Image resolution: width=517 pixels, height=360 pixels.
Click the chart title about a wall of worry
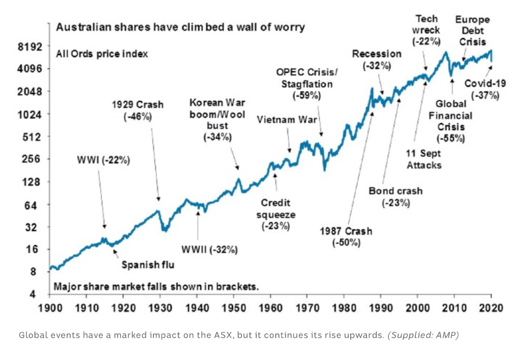click(x=179, y=27)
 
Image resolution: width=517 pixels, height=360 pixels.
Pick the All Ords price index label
click(x=102, y=54)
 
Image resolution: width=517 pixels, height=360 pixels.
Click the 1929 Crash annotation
click(x=138, y=111)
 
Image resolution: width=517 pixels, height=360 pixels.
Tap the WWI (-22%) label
click(x=104, y=161)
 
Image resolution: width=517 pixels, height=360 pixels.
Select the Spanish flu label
click(x=147, y=264)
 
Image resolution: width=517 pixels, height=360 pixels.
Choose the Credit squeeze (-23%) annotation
click(x=276, y=214)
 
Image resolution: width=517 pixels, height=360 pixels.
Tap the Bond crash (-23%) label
click(x=395, y=196)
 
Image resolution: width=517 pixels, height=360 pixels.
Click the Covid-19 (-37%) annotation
click(x=485, y=89)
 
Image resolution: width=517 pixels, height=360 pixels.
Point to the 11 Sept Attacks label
click(x=424, y=159)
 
